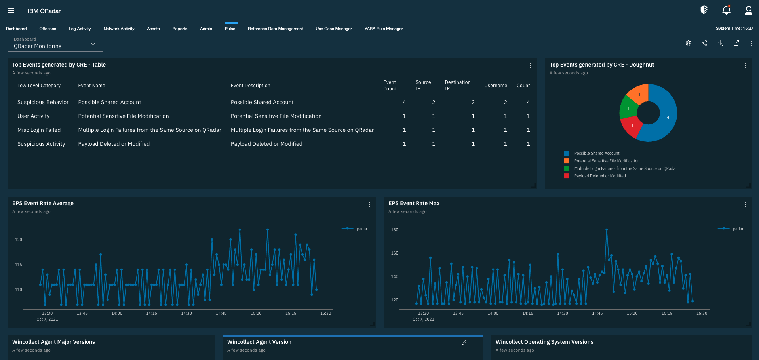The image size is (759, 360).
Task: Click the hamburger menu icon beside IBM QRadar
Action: point(11,11)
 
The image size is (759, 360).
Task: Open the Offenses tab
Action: point(48,29)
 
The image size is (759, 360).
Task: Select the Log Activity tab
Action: point(80,29)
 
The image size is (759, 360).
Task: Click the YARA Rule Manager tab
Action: point(383,29)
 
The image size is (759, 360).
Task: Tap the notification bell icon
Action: point(726,10)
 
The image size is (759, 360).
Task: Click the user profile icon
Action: point(748,10)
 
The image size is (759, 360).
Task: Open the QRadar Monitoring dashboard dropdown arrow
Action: point(93,44)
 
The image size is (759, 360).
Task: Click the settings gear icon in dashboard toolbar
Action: point(689,43)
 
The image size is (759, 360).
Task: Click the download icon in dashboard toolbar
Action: point(720,43)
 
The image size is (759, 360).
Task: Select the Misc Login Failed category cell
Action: point(39,130)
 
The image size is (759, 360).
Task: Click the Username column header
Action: point(495,86)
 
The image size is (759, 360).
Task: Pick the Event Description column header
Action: point(250,86)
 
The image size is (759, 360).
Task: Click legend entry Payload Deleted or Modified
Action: point(600,176)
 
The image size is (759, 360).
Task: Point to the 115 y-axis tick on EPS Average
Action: point(18,265)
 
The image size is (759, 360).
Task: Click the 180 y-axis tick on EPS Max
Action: point(394,230)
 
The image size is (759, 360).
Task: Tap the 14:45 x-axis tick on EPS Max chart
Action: point(597,313)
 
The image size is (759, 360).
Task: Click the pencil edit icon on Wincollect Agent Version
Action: point(464,343)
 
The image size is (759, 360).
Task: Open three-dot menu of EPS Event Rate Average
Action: point(369,204)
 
